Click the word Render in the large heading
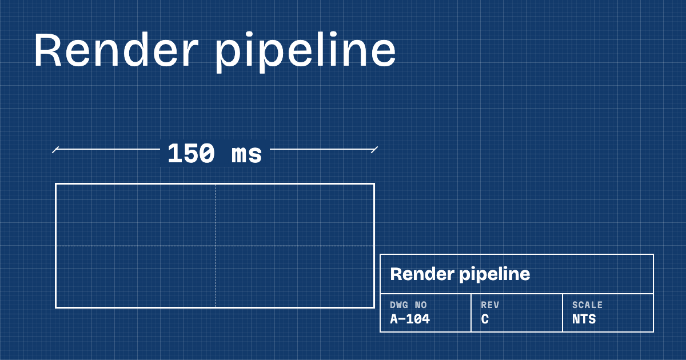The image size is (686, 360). (116, 49)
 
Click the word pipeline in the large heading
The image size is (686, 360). (306, 52)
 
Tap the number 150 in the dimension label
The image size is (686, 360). (191, 153)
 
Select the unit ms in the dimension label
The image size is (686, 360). (246, 155)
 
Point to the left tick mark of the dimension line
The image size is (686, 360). (55, 150)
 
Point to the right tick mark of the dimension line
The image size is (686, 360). (374, 150)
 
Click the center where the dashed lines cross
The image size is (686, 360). (215, 246)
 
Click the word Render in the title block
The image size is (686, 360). (422, 274)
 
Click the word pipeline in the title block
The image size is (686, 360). (494, 275)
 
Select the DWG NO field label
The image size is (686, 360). (408, 305)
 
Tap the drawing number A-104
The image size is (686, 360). (410, 319)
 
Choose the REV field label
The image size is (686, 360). (490, 305)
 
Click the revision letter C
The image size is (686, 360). (485, 319)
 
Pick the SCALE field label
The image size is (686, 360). (588, 305)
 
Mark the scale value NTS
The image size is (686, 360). (584, 319)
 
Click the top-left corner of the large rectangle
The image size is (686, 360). (56, 184)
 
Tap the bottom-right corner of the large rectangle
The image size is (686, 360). (374, 307)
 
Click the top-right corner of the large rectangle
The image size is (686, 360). (374, 184)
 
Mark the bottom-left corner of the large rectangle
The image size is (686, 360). (56, 307)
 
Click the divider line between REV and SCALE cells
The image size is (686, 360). (563, 313)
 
